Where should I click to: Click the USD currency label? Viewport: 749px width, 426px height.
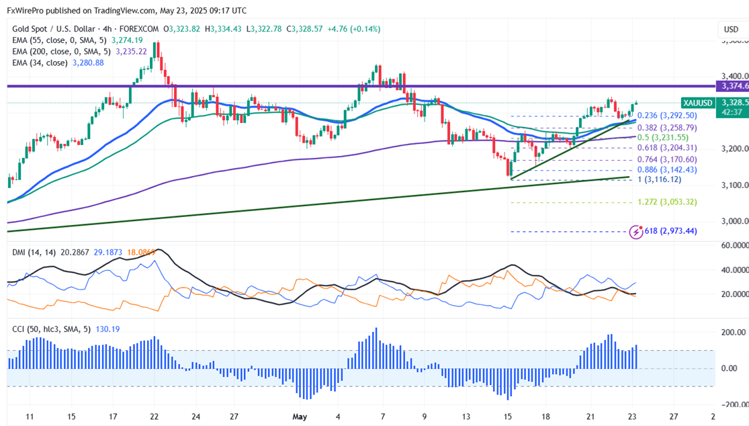pos(731,30)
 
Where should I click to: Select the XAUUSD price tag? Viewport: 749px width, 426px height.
pos(697,103)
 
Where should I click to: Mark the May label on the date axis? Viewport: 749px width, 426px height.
pos(300,417)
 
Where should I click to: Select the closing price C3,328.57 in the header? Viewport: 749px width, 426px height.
pos(305,29)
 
